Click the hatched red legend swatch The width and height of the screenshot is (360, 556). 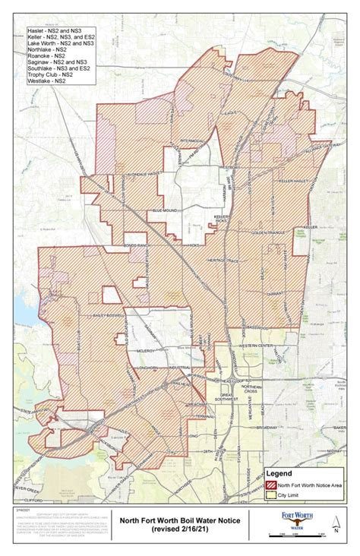[x=271, y=485]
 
